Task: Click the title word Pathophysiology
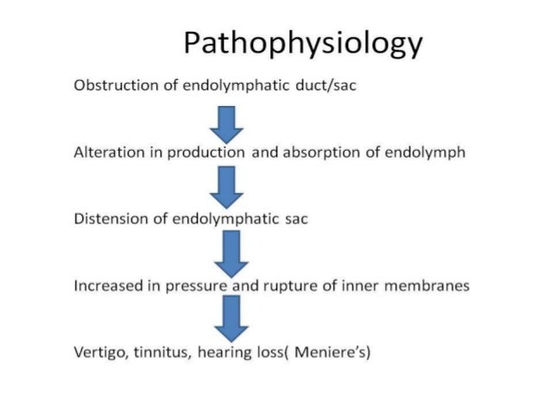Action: [304, 43]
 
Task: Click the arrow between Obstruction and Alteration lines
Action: [228, 123]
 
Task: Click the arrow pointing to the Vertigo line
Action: [231, 318]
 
